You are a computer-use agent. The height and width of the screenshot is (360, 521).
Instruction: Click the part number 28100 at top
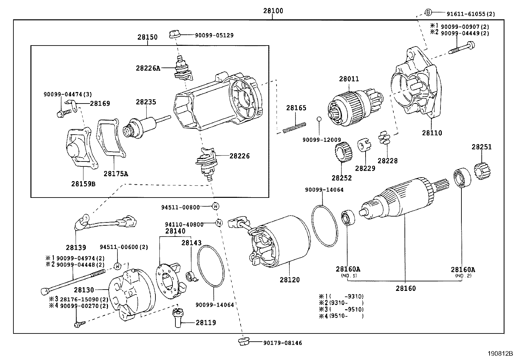click(273, 10)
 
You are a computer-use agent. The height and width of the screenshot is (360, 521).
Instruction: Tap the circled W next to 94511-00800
click(215, 206)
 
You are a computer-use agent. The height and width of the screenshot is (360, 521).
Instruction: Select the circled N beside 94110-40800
click(219, 223)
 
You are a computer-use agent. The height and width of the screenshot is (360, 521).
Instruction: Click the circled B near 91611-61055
click(428, 12)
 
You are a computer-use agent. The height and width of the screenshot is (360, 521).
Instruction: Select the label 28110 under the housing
click(432, 133)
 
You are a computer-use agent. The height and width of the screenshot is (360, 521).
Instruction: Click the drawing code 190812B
click(500, 354)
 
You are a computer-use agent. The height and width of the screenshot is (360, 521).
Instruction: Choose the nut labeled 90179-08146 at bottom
click(244, 342)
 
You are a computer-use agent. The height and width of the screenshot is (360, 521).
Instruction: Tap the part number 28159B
click(83, 184)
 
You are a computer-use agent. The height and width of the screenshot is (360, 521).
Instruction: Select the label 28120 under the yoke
click(289, 280)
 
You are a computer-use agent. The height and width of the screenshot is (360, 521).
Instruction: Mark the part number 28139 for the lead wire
click(76, 247)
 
